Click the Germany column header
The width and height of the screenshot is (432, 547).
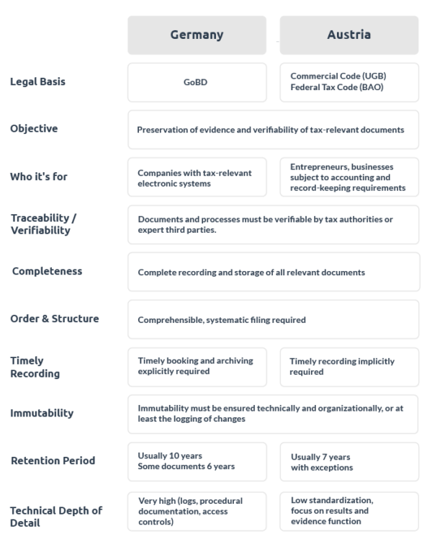pyautogui.click(x=197, y=34)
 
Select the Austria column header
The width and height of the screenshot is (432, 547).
pyautogui.click(x=348, y=34)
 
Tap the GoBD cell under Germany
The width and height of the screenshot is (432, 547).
pyautogui.click(x=197, y=82)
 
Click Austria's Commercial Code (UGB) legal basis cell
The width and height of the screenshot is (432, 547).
pyautogui.click(x=348, y=82)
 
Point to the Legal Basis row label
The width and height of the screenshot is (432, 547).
pyautogui.click(x=38, y=81)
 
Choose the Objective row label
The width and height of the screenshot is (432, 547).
pyautogui.click(x=34, y=128)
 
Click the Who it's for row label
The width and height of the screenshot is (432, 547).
pyautogui.click(x=39, y=176)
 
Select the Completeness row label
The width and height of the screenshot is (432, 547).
pyautogui.click(x=47, y=272)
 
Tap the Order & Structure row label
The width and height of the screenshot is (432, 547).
pyautogui.click(x=55, y=318)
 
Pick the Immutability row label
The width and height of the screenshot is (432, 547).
pyautogui.click(x=42, y=413)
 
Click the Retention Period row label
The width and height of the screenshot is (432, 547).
pyautogui.click(x=53, y=460)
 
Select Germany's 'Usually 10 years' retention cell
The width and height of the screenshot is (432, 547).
pyautogui.click(x=197, y=461)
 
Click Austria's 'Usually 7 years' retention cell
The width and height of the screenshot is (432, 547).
pyautogui.click(x=348, y=461)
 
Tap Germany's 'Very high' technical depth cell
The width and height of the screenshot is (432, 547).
pyautogui.click(x=197, y=510)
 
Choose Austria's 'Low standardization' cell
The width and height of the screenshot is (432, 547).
pyautogui.click(x=348, y=510)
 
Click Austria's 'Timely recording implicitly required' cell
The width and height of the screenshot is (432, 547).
pyautogui.click(x=348, y=366)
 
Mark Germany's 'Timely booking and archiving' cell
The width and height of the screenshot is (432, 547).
pyautogui.click(x=197, y=366)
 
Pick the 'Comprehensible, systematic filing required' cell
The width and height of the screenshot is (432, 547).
pyautogui.click(x=273, y=319)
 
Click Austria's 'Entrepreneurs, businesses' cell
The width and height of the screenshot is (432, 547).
pyautogui.click(x=348, y=177)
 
